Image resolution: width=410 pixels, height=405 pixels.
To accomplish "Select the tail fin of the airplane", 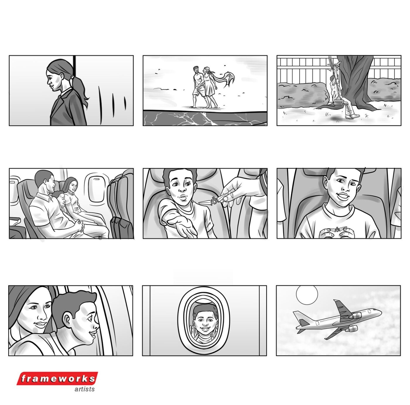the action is coord(300,318).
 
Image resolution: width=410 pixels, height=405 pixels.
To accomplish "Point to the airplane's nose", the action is coord(380,312).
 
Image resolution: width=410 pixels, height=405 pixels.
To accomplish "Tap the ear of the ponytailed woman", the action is coord(62,76).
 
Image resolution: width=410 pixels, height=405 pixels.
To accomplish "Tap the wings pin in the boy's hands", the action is coord(337,230).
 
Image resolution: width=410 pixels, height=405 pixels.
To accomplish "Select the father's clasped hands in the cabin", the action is coord(80,225).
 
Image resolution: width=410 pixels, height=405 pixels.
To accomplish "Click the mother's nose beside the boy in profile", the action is coord(42,316).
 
